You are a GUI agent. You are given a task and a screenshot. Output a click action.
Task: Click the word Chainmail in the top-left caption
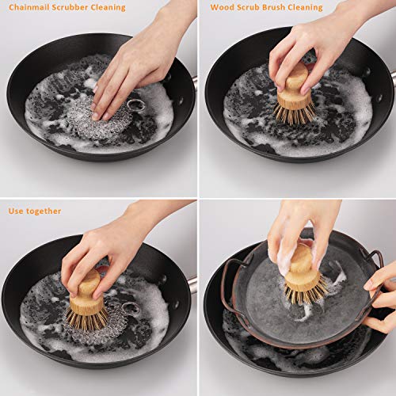29,7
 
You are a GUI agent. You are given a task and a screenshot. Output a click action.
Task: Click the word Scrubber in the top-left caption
70,7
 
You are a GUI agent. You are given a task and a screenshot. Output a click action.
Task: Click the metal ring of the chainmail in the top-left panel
135,105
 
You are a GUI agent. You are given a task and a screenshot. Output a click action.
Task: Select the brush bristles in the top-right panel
295,112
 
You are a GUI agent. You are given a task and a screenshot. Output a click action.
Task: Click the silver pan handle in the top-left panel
195,84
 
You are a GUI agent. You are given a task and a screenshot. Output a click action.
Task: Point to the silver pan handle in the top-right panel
393,79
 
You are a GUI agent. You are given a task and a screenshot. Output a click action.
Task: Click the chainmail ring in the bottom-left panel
131,308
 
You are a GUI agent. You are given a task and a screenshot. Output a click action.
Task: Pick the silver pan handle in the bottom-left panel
193,285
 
